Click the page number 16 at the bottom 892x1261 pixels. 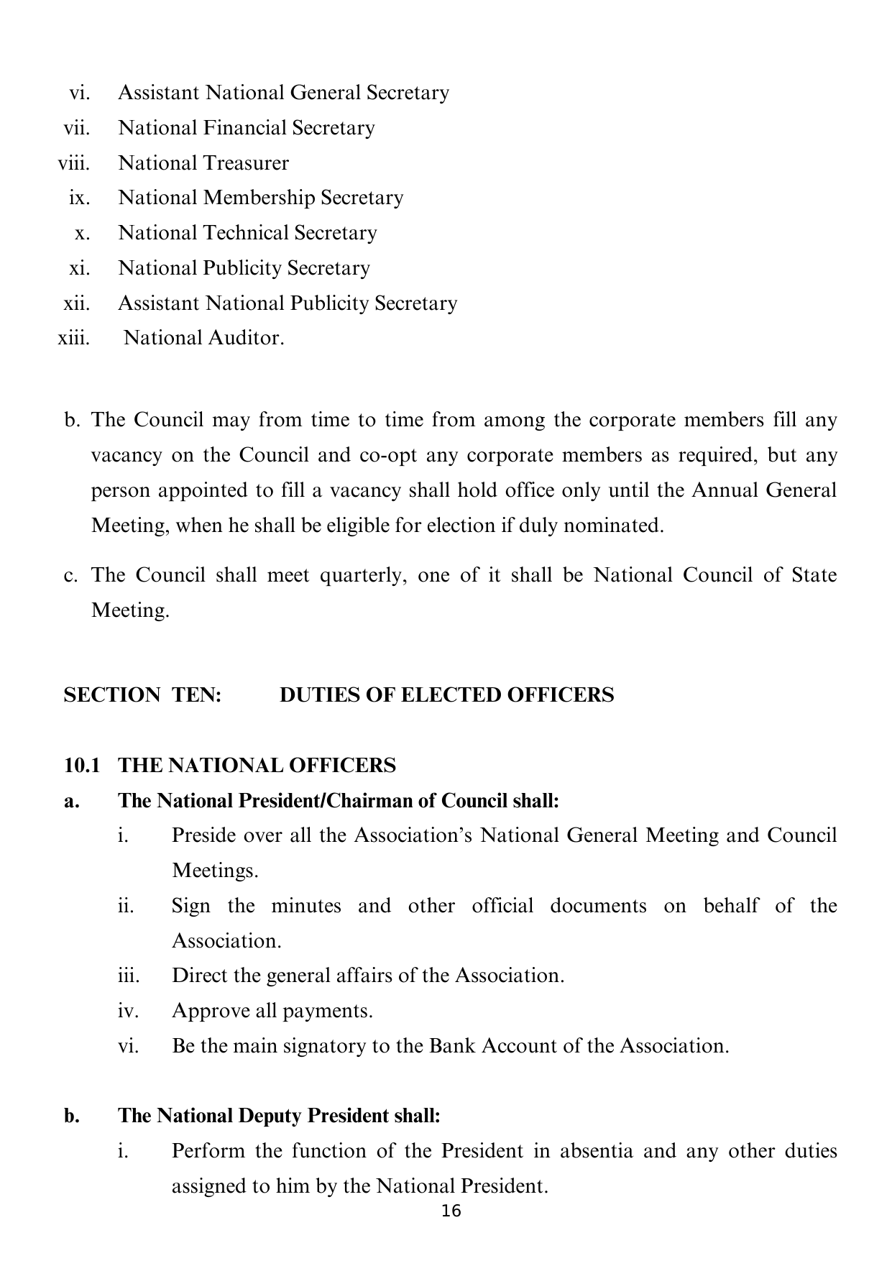point(451,1211)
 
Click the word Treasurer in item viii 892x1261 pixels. point(246,163)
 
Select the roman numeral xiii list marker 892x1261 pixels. point(73,338)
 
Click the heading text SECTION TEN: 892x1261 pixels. point(142,695)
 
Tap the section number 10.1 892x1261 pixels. point(81,765)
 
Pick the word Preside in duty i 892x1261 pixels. point(199,835)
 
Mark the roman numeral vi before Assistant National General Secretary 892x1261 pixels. point(79,93)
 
